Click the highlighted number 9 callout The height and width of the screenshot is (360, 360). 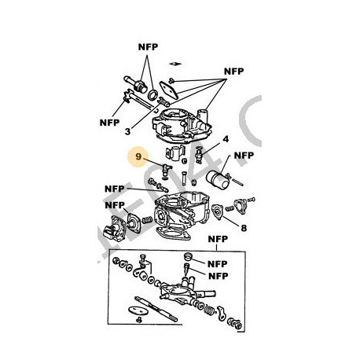point(138,156)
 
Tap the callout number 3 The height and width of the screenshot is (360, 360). point(127,131)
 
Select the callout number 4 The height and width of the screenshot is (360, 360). point(226,139)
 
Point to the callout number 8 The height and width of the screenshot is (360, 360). point(244,228)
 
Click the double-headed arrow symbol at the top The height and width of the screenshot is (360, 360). point(175,64)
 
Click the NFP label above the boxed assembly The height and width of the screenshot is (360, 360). point(218,239)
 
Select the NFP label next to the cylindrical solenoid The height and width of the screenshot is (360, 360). point(244,156)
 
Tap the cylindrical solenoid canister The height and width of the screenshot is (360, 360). point(217,179)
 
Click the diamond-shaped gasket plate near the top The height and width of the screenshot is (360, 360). point(169,90)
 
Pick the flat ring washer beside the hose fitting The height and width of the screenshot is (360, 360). point(153,94)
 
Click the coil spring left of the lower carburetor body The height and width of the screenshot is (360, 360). point(147,219)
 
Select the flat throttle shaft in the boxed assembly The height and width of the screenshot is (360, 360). point(156,309)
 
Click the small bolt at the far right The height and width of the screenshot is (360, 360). point(251,200)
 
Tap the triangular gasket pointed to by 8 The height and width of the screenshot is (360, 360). point(217,211)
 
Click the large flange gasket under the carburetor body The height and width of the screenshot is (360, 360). point(173,233)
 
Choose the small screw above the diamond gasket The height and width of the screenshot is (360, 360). point(172,80)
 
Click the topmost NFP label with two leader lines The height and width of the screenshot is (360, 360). point(148,47)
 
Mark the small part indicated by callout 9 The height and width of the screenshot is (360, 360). point(166,171)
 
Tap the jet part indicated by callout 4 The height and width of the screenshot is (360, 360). point(200,154)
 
